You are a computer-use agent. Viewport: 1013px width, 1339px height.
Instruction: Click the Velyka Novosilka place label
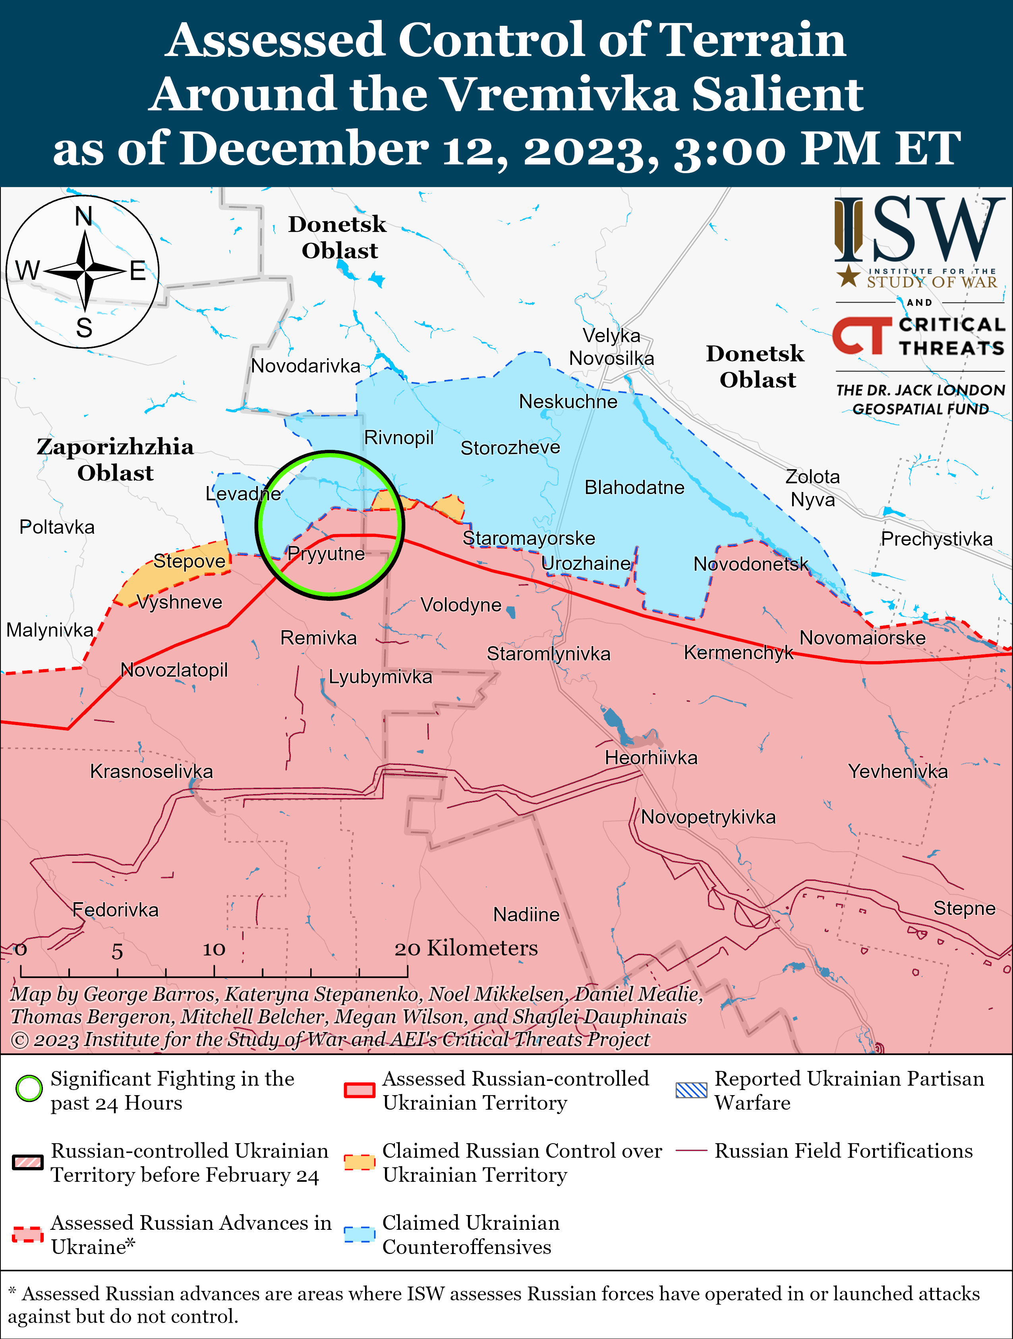click(611, 347)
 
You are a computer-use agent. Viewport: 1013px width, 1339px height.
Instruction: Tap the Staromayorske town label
click(529, 538)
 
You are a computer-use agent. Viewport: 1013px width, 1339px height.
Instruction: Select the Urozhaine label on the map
click(586, 563)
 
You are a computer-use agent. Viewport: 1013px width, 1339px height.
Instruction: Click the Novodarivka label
click(306, 366)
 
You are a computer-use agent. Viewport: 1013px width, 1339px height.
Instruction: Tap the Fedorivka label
click(115, 909)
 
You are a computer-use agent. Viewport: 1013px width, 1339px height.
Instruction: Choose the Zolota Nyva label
click(812, 488)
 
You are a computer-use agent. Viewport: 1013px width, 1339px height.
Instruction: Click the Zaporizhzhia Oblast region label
click(115, 459)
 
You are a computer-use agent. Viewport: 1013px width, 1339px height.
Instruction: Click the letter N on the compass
click(83, 216)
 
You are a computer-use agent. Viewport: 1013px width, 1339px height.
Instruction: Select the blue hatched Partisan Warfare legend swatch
click(691, 1090)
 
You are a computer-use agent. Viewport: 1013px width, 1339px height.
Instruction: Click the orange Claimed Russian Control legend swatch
click(359, 1161)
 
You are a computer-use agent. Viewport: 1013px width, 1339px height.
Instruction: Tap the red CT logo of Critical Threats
click(861, 336)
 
